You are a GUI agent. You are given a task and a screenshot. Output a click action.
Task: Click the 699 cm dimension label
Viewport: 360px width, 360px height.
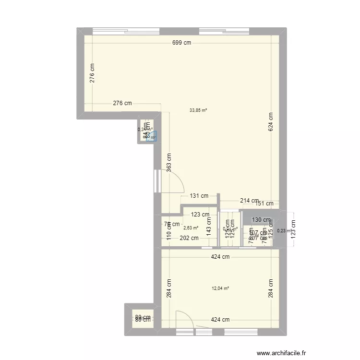point(182,43)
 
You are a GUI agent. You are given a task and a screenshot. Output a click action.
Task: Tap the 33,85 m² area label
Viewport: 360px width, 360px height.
point(198,110)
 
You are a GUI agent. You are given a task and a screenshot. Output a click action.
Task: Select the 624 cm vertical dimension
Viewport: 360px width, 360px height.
point(271,123)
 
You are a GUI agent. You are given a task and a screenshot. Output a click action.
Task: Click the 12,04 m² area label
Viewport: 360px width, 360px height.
point(220,288)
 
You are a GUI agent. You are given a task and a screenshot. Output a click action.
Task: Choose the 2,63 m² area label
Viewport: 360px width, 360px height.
point(191,228)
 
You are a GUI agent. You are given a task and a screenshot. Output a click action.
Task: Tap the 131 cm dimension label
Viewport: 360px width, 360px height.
point(199,195)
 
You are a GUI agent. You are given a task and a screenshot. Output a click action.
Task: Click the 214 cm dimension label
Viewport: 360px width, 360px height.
point(249,201)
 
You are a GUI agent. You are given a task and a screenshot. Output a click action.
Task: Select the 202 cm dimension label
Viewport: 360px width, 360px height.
point(189,238)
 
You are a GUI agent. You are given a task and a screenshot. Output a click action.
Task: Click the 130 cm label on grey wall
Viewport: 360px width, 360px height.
point(261,220)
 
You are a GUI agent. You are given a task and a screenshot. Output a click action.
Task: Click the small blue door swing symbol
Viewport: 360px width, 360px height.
point(152,136)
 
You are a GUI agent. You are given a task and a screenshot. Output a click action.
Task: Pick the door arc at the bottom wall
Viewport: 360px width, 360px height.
point(185,319)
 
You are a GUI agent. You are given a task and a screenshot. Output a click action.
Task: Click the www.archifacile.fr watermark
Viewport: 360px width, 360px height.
point(281,352)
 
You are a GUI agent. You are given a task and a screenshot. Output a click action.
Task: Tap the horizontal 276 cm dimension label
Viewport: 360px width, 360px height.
point(122,103)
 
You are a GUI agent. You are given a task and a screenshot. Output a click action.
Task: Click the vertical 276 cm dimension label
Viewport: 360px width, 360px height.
point(92,73)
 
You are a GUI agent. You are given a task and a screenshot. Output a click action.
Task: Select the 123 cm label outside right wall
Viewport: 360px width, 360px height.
point(294,230)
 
